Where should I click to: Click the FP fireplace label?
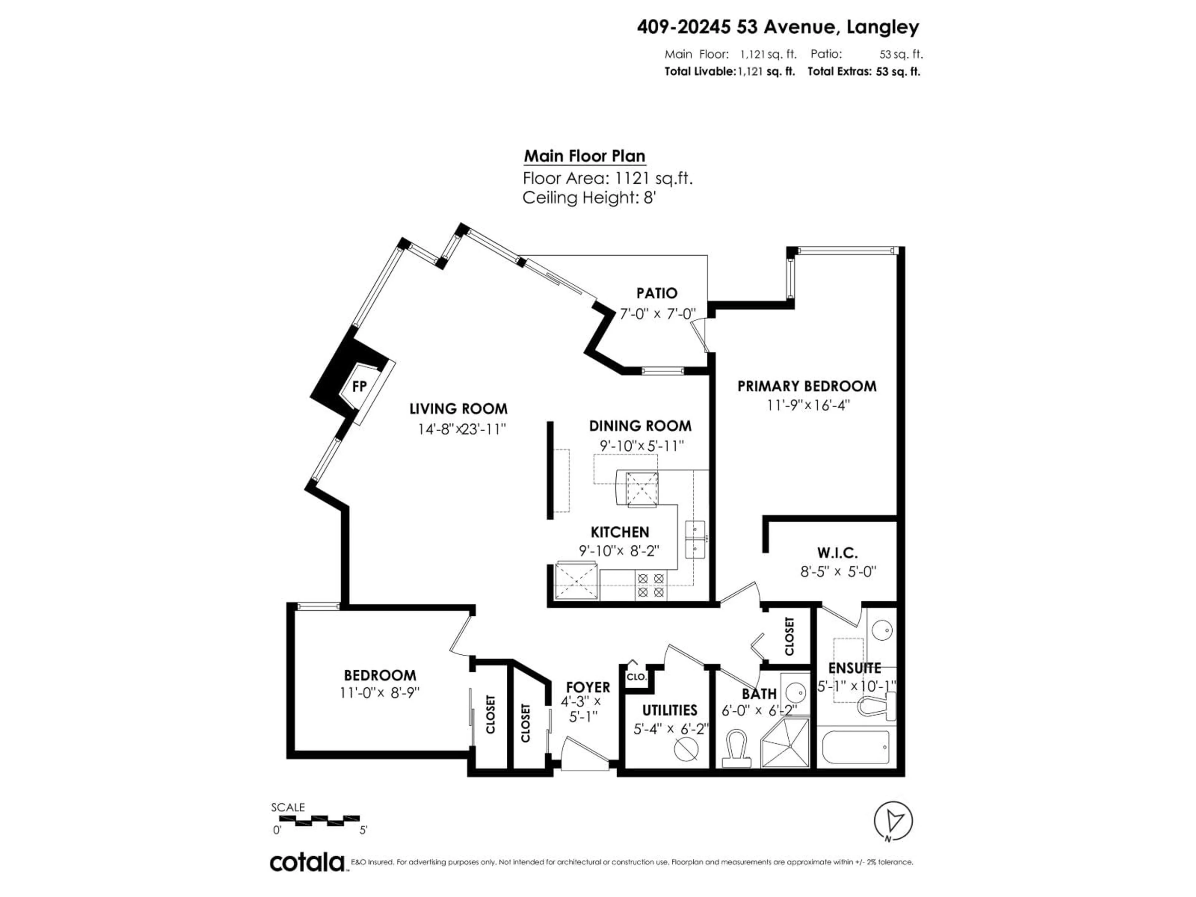(x=359, y=386)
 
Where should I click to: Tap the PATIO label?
(x=656, y=293)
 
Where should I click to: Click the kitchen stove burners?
(x=650, y=586)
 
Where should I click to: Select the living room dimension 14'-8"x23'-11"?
(x=461, y=429)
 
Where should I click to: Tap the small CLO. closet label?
(x=636, y=676)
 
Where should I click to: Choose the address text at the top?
(x=777, y=27)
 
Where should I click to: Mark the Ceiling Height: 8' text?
(x=589, y=198)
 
